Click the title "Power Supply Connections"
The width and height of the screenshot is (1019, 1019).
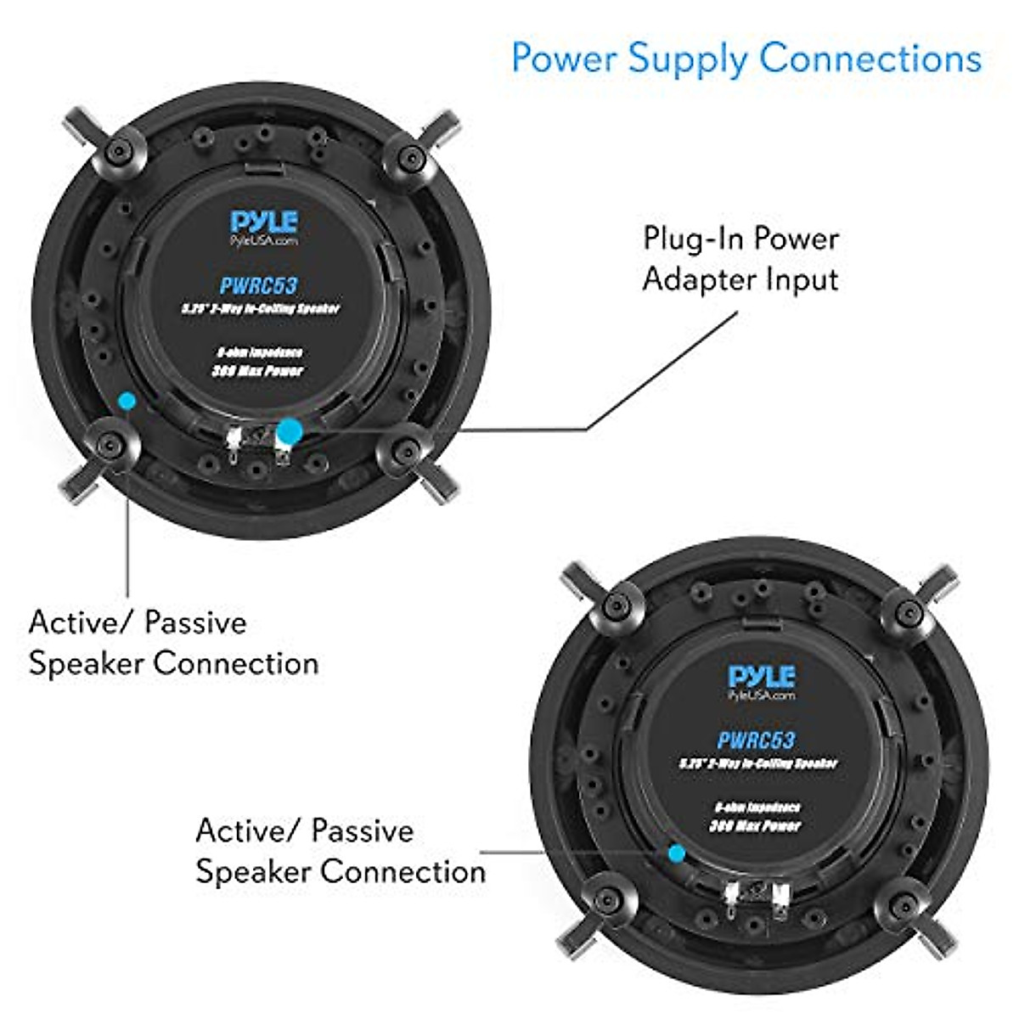[x=746, y=59]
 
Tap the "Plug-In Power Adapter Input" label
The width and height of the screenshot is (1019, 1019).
[x=740, y=258]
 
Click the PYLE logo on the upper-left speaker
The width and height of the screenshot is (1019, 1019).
[x=264, y=222]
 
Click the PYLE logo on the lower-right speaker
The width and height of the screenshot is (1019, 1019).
[x=762, y=676]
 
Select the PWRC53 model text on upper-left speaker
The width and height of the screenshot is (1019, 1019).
[x=259, y=285]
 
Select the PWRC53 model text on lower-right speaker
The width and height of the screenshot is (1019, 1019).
[x=756, y=740]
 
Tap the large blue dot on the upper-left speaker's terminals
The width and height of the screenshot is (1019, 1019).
[x=289, y=432]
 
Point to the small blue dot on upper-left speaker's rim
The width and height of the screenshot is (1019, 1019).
[x=127, y=400]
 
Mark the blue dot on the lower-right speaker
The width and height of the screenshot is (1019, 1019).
[x=677, y=853]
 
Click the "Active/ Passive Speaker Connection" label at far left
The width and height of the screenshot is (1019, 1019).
[x=173, y=643]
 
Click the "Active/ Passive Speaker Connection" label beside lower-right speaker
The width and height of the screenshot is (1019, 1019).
[x=341, y=851]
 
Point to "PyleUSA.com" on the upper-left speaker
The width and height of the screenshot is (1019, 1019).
[x=264, y=240]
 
